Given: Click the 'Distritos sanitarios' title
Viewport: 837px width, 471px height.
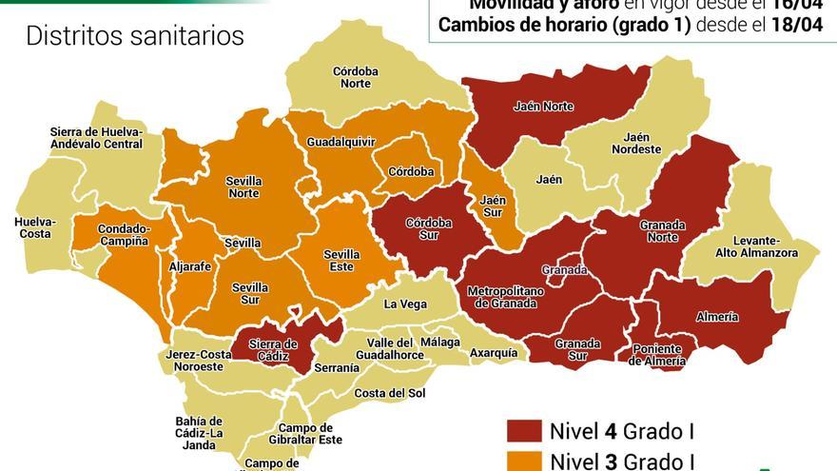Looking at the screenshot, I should (x=135, y=37).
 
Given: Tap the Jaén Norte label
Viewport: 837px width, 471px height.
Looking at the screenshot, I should (x=542, y=107).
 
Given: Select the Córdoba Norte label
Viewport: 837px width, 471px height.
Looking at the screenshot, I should (x=356, y=77).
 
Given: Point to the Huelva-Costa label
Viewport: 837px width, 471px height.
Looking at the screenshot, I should (x=35, y=228).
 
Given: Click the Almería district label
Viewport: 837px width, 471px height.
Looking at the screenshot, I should (x=717, y=317).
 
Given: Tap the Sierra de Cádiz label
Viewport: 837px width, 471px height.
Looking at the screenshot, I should (x=273, y=350).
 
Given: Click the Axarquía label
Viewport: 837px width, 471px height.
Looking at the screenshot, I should (x=494, y=353).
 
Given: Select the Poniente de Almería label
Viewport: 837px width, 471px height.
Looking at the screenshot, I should (x=658, y=355).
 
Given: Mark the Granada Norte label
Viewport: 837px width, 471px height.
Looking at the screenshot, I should (x=662, y=231).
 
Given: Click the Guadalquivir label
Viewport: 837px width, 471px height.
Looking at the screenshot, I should (x=341, y=142).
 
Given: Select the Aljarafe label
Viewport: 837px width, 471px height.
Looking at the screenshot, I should (x=189, y=267).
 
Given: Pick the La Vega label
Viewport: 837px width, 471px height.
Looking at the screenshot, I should (x=405, y=304).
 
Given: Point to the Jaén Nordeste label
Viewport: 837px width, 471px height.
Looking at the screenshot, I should (x=635, y=144).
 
